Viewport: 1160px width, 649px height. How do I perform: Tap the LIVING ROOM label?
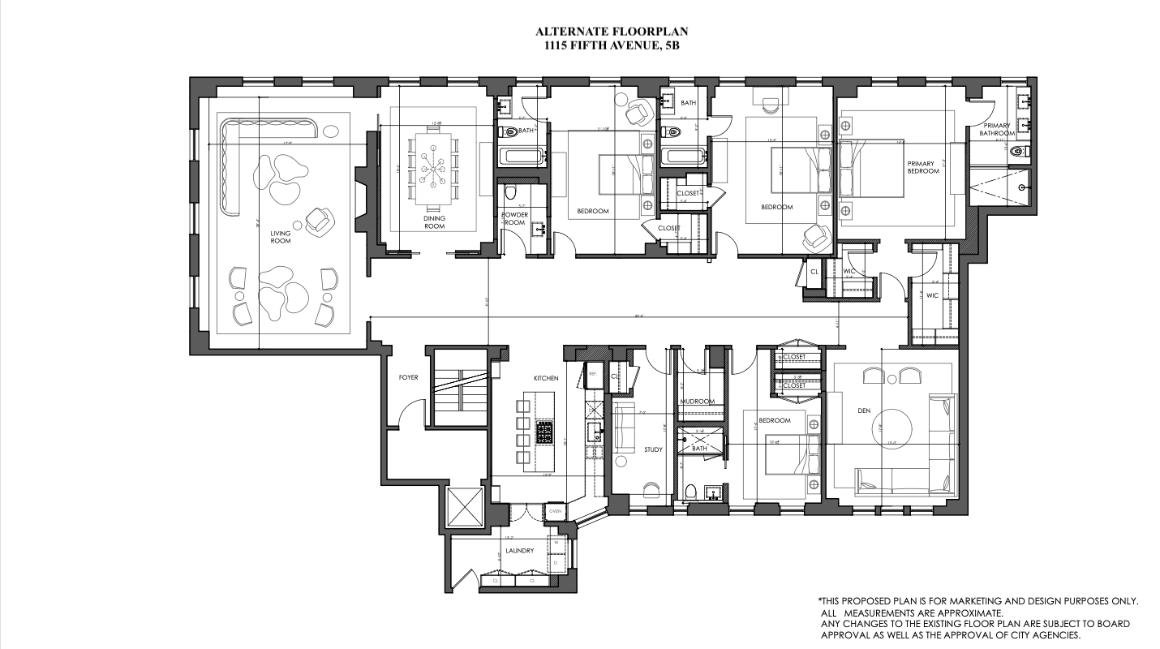point(281,236)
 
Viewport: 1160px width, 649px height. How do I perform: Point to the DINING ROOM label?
point(434,222)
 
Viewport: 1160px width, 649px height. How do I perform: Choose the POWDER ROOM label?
point(514,218)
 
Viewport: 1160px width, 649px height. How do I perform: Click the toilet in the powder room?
point(509,193)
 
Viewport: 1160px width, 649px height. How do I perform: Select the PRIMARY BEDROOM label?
point(923,167)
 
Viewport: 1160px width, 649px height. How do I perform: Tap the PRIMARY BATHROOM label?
point(996,130)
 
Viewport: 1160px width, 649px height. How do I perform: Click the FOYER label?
point(407,378)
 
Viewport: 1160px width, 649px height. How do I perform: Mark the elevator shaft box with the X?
point(466,508)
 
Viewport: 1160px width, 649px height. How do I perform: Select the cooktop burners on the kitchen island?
point(544,432)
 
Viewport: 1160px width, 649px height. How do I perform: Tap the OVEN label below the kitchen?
point(555,511)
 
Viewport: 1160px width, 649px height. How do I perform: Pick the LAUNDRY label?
point(519,551)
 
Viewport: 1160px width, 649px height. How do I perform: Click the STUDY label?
point(653,449)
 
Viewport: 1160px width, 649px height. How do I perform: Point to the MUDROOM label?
point(696,402)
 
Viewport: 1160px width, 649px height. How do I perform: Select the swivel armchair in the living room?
point(319,219)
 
